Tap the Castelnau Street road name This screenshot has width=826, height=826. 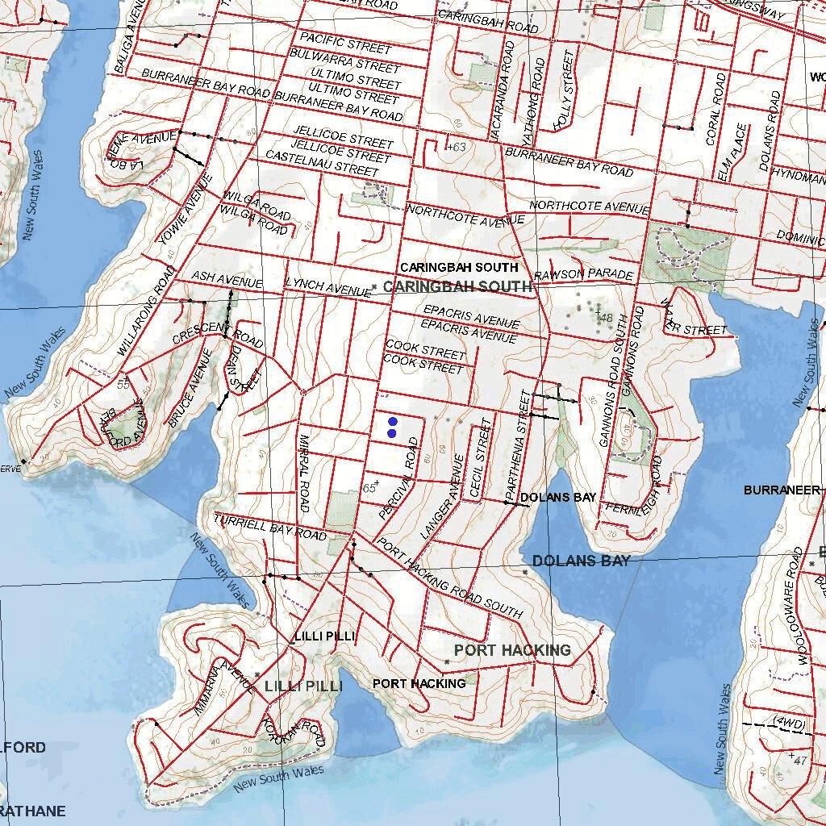point(322,164)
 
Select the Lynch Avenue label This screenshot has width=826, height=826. point(327,287)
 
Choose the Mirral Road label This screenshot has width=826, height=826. point(304,473)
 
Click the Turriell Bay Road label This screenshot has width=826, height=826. point(270,527)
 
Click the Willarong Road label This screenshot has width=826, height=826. point(146,311)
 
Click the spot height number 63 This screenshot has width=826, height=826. point(457,147)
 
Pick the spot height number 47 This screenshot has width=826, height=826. point(800,760)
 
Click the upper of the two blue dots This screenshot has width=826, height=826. point(393,421)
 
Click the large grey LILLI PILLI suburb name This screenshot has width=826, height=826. point(303,686)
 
